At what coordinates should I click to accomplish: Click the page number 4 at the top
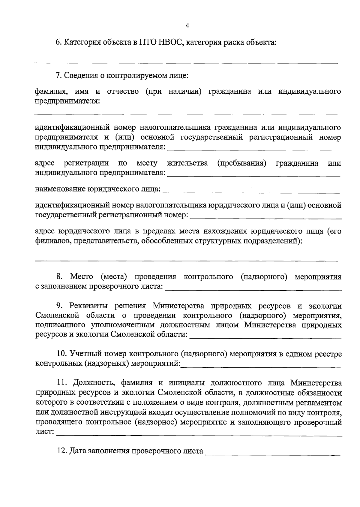point(187,26)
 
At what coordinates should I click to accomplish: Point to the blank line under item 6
point(186,63)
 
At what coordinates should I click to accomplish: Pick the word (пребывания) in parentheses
point(242,163)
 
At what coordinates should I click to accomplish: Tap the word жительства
point(187,163)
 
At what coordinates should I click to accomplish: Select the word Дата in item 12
point(78,451)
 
